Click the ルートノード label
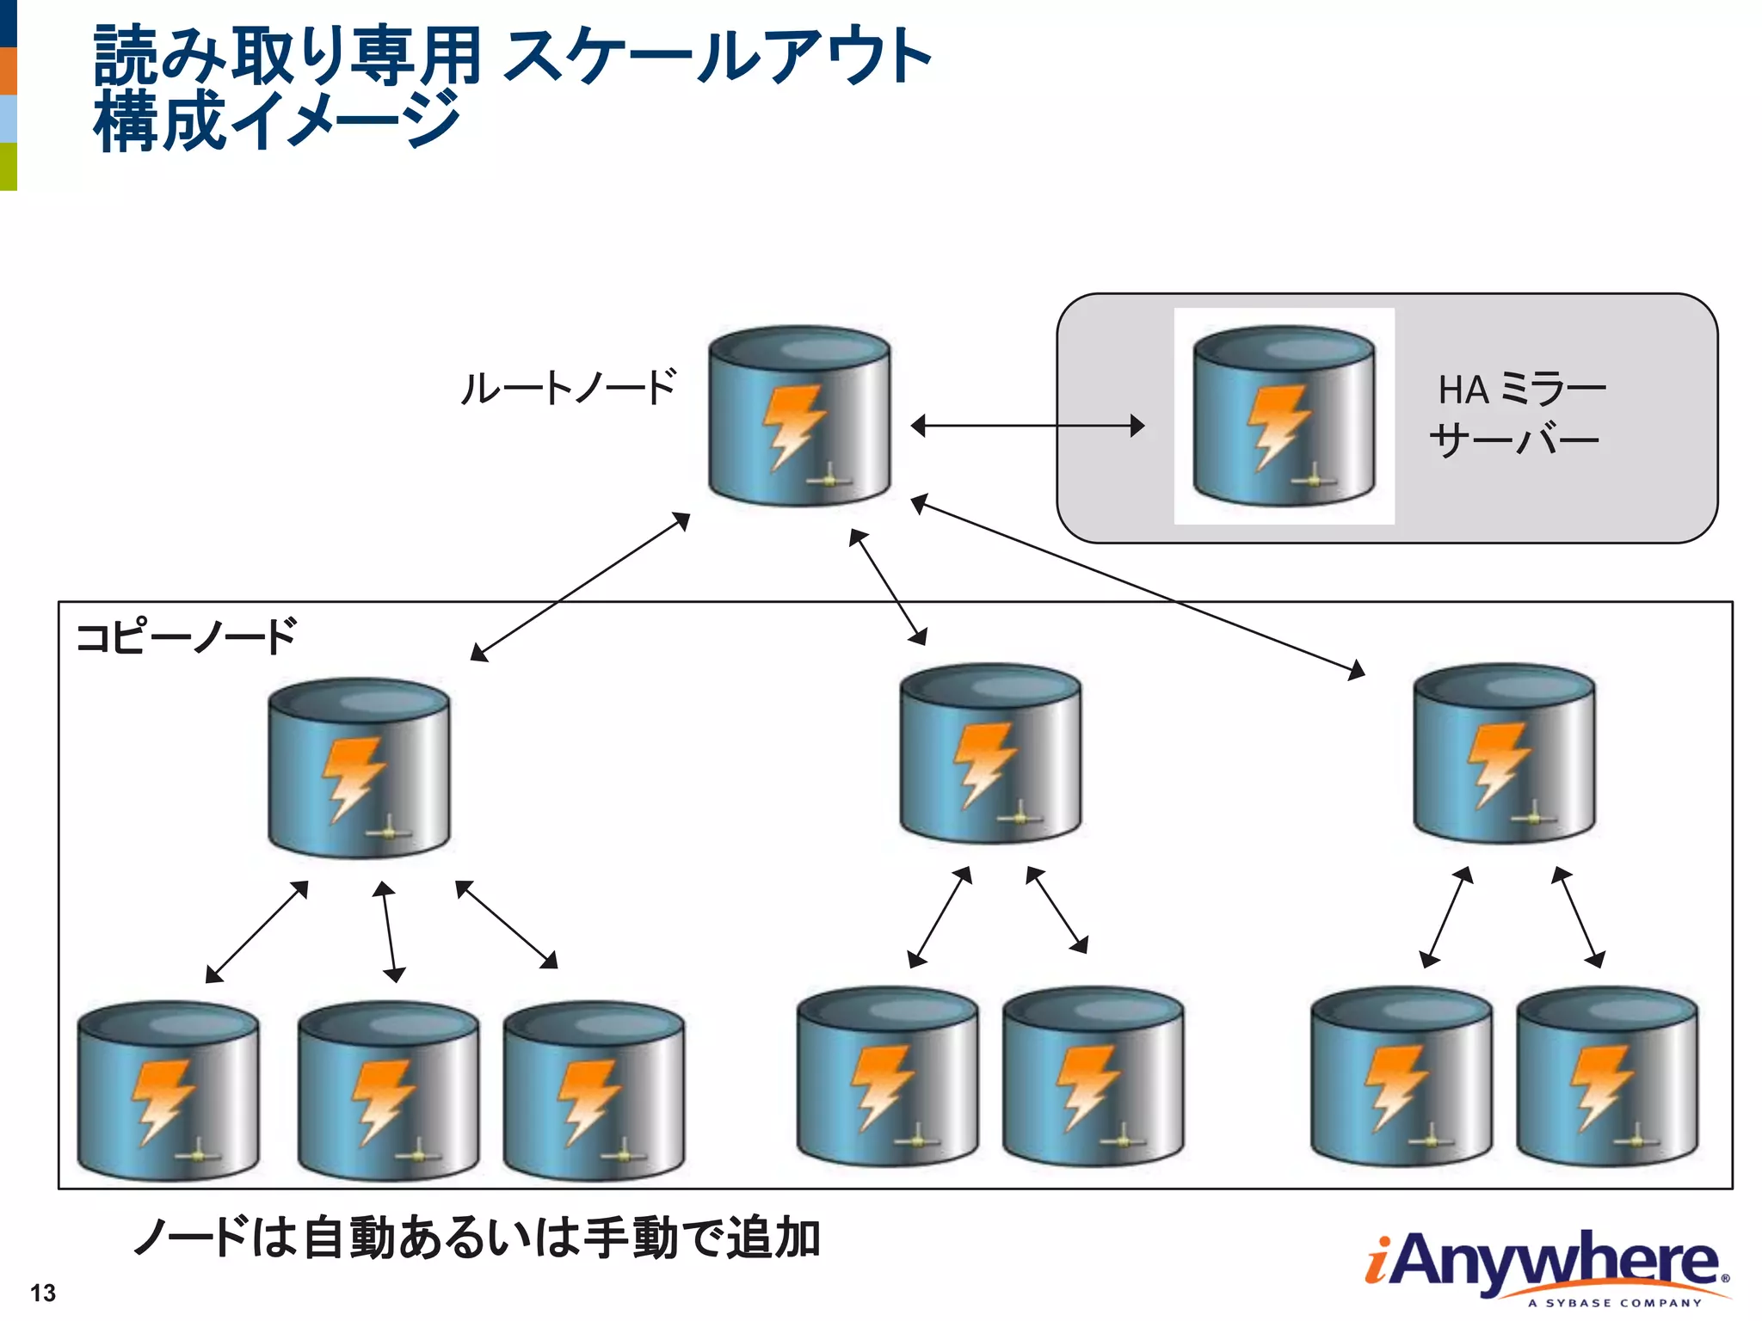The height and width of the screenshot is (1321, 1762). click(569, 388)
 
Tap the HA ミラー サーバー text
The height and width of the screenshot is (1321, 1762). click(1517, 415)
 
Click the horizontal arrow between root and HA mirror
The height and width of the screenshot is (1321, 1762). click(1027, 425)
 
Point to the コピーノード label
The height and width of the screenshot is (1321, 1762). click(186, 637)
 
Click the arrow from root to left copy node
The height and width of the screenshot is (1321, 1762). click(581, 587)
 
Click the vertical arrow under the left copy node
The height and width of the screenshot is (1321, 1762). click(389, 931)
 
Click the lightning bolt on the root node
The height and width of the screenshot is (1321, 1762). click(792, 423)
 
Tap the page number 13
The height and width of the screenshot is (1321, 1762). click(43, 1293)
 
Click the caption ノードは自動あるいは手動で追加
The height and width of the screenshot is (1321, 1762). click(477, 1238)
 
